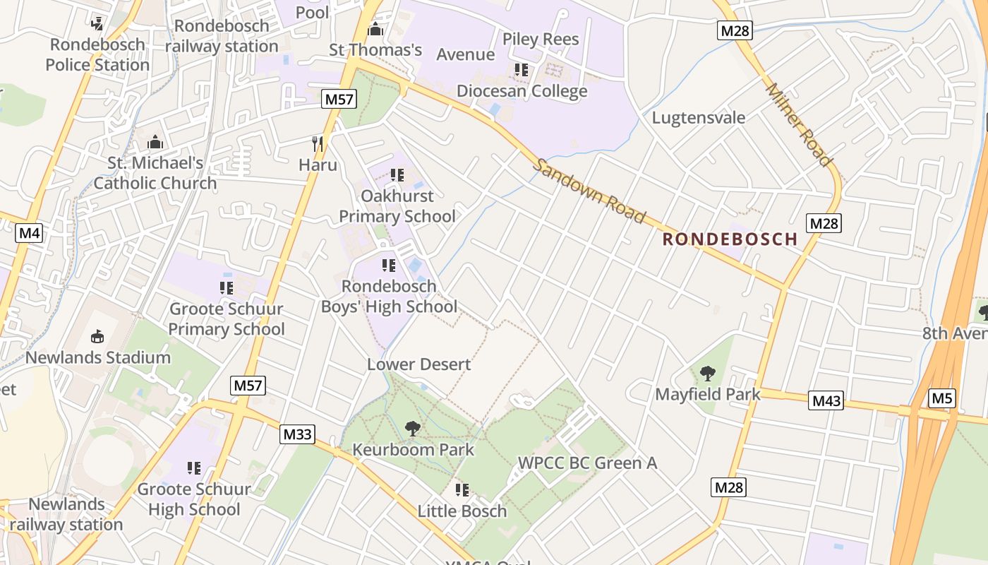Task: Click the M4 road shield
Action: pyautogui.click(x=29, y=233)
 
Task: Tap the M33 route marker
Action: pyautogui.click(x=297, y=434)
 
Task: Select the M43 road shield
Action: pyautogui.click(x=826, y=401)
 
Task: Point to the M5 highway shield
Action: pyautogui.click(x=942, y=398)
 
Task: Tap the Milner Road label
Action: pyautogui.click(x=798, y=125)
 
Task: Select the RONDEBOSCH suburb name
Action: pyautogui.click(x=730, y=239)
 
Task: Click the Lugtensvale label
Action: pyautogui.click(x=698, y=117)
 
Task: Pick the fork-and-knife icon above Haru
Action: pyautogui.click(x=318, y=144)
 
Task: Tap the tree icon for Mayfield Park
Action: pyautogui.click(x=707, y=373)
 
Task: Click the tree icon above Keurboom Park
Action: pyautogui.click(x=413, y=428)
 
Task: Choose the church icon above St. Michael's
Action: pyautogui.click(x=155, y=142)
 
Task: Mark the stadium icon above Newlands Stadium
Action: pyautogui.click(x=97, y=336)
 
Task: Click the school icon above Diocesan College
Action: pyautogui.click(x=522, y=70)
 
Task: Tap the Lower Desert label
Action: pyautogui.click(x=418, y=364)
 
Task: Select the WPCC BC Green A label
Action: pyautogui.click(x=587, y=463)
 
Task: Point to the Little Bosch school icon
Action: pyautogui.click(x=462, y=489)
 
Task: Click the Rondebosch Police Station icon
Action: pyautogui.click(x=97, y=23)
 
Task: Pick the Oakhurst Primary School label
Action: pyautogui.click(x=397, y=206)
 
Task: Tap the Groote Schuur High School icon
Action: pyautogui.click(x=194, y=468)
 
